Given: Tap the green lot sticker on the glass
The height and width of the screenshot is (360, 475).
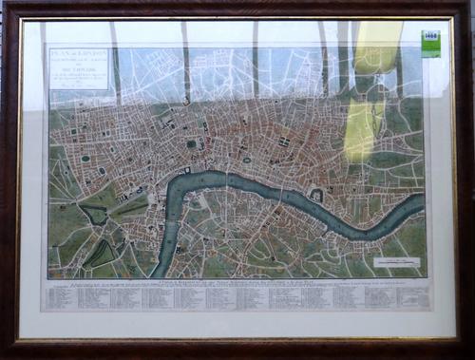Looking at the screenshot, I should click(x=430, y=42).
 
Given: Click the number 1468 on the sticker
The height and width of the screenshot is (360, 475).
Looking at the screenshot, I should click(x=430, y=36).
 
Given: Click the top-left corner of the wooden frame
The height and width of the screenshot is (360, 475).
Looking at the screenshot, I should click(x=6, y=6).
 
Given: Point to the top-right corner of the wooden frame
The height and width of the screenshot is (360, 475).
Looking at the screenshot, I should click(x=469, y=6).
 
